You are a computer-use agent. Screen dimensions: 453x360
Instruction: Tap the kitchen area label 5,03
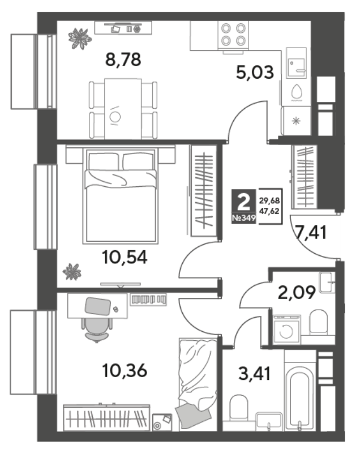[x=255, y=72]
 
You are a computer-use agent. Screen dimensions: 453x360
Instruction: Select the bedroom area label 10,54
[x=125, y=258]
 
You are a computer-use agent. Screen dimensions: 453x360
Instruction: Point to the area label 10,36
[x=125, y=371]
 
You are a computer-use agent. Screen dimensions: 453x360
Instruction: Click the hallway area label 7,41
[x=311, y=232]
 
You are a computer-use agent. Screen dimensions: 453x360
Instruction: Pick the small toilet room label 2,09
[x=297, y=293]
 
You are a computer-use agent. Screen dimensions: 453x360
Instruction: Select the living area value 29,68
[x=269, y=200]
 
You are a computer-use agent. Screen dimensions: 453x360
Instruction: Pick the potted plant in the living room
[x=79, y=38]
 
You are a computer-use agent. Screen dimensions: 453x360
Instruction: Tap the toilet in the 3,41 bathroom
[x=238, y=408]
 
